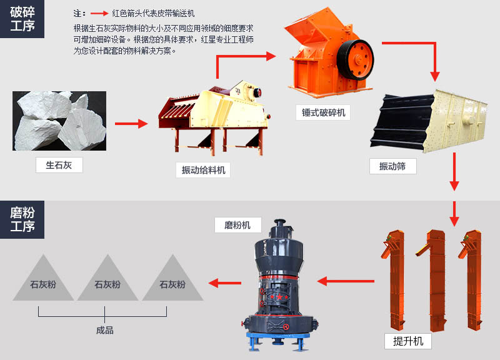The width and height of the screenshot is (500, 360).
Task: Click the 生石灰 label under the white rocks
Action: pyautogui.click(x=59, y=166)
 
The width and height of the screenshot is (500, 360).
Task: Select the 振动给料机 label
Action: pyautogui.click(x=203, y=170)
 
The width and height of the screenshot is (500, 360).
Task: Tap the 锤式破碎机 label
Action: pyautogui.click(x=323, y=112)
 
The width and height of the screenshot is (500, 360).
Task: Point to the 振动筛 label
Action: pyautogui.click(x=392, y=166)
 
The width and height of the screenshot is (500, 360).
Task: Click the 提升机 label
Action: pyautogui.click(x=408, y=341)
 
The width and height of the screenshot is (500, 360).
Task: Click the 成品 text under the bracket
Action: pyautogui.click(x=105, y=330)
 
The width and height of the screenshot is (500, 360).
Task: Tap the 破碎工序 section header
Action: pyautogui.click(x=22, y=19)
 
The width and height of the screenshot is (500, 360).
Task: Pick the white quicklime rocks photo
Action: pyautogui.click(x=59, y=121)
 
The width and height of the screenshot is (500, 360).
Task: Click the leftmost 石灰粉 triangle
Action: pyautogui.click(x=43, y=281)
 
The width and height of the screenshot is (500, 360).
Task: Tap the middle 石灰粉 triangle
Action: pyautogui.click(x=107, y=281)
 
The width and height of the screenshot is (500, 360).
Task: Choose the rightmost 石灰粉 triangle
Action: pyautogui.click(x=172, y=281)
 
